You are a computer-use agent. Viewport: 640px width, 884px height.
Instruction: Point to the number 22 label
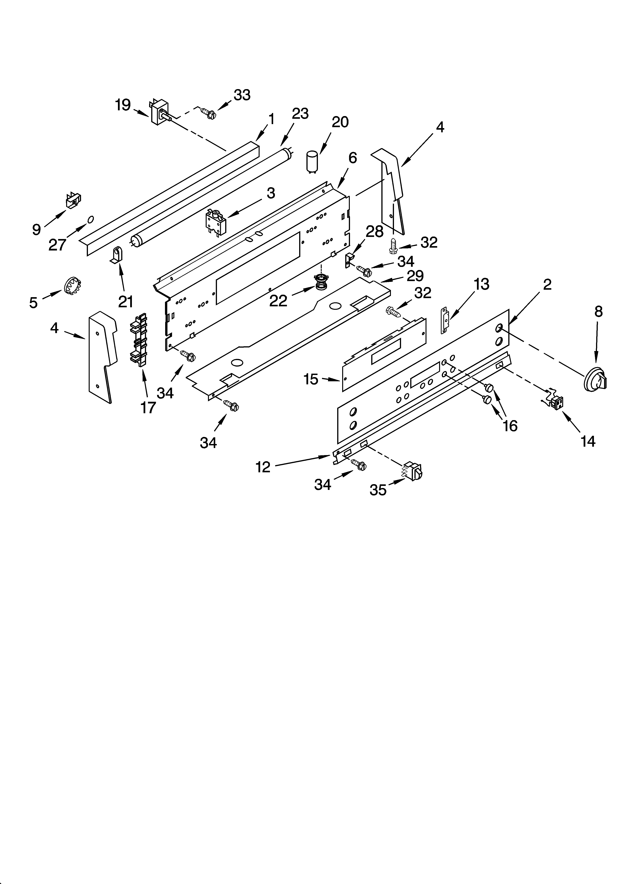[278, 301]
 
